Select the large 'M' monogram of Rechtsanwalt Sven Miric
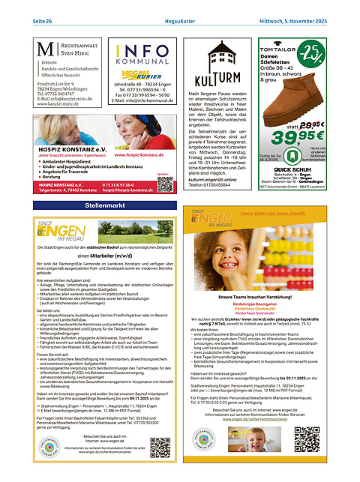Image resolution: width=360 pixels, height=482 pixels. click(43, 52)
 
